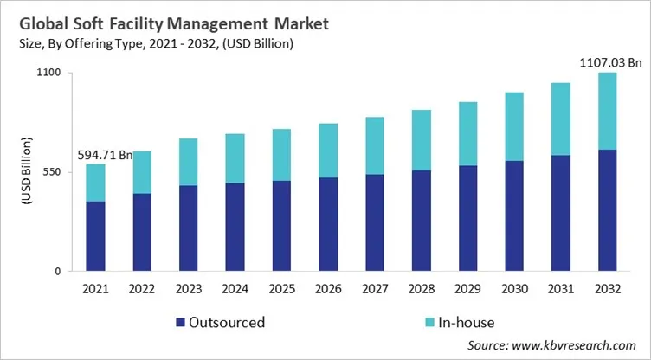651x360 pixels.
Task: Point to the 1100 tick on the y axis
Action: (x=48, y=73)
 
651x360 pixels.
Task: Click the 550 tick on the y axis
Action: (x=52, y=172)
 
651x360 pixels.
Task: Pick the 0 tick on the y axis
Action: (x=57, y=272)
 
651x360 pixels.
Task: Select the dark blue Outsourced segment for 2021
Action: (x=95, y=236)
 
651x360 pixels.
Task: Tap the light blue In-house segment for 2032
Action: (x=608, y=111)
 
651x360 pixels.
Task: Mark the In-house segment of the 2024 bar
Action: (x=235, y=158)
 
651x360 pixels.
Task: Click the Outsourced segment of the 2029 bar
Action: (x=468, y=218)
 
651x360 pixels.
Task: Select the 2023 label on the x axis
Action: (x=189, y=289)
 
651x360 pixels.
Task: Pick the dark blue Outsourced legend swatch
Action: (x=180, y=323)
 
